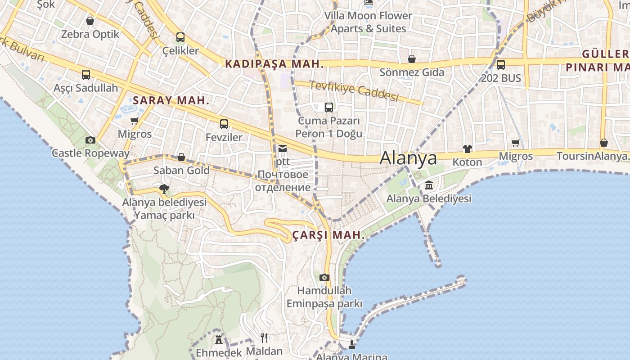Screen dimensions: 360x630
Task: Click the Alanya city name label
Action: pos(408,158)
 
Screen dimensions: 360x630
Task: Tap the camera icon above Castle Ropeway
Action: pos(90,140)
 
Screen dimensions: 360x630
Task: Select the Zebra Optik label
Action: pos(90,34)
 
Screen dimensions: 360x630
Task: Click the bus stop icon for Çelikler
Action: pos(180,37)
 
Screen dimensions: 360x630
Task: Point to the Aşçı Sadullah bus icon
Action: pos(86,75)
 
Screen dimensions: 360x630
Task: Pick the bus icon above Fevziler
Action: pos(224,124)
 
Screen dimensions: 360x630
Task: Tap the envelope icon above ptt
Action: pos(283,148)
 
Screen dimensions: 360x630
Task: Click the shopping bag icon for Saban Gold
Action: pos(181,157)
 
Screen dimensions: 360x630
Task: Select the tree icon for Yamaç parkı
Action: pos(164,189)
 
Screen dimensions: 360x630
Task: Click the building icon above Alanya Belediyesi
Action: pos(429,185)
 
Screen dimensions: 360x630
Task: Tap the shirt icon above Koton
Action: pos(467,149)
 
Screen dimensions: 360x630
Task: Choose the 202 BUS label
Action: pos(501,78)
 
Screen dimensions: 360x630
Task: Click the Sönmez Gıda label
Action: pos(412,72)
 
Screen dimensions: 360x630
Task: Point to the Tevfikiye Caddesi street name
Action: pos(354,91)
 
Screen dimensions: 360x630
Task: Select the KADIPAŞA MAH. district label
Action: pos(274,64)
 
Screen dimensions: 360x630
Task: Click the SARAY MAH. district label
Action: pos(171,100)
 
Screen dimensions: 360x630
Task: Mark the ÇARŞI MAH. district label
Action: pos(328,235)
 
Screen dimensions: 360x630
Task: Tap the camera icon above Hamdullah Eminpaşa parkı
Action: pos(324,277)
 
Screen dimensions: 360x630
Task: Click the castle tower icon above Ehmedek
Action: pos(219,339)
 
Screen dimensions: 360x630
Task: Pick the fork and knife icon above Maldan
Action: pos(265,337)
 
